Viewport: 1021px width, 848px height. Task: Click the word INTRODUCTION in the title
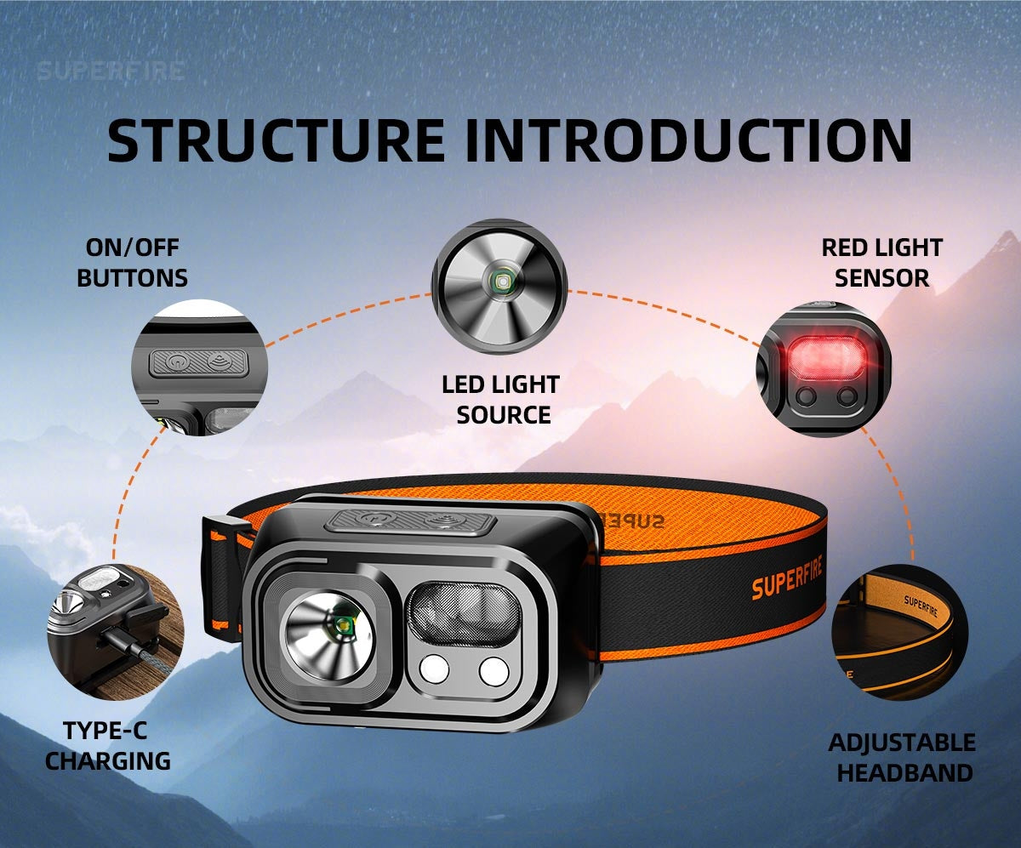(x=687, y=140)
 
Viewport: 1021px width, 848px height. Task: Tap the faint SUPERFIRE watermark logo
(x=111, y=71)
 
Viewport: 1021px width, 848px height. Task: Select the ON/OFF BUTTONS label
(x=132, y=263)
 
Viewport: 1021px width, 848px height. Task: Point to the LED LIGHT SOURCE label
(x=500, y=400)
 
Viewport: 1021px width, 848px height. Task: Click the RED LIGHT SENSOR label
(x=881, y=263)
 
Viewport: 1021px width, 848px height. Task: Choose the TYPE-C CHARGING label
(x=108, y=745)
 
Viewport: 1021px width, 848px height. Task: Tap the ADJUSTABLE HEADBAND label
(x=901, y=757)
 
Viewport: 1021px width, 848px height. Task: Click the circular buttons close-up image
(x=199, y=367)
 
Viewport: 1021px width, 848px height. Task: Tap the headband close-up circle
(x=899, y=631)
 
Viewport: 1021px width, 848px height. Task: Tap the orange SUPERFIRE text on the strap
(x=787, y=585)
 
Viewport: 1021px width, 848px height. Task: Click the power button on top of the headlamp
(x=372, y=518)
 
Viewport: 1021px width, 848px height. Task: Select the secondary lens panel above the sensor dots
(x=465, y=613)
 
